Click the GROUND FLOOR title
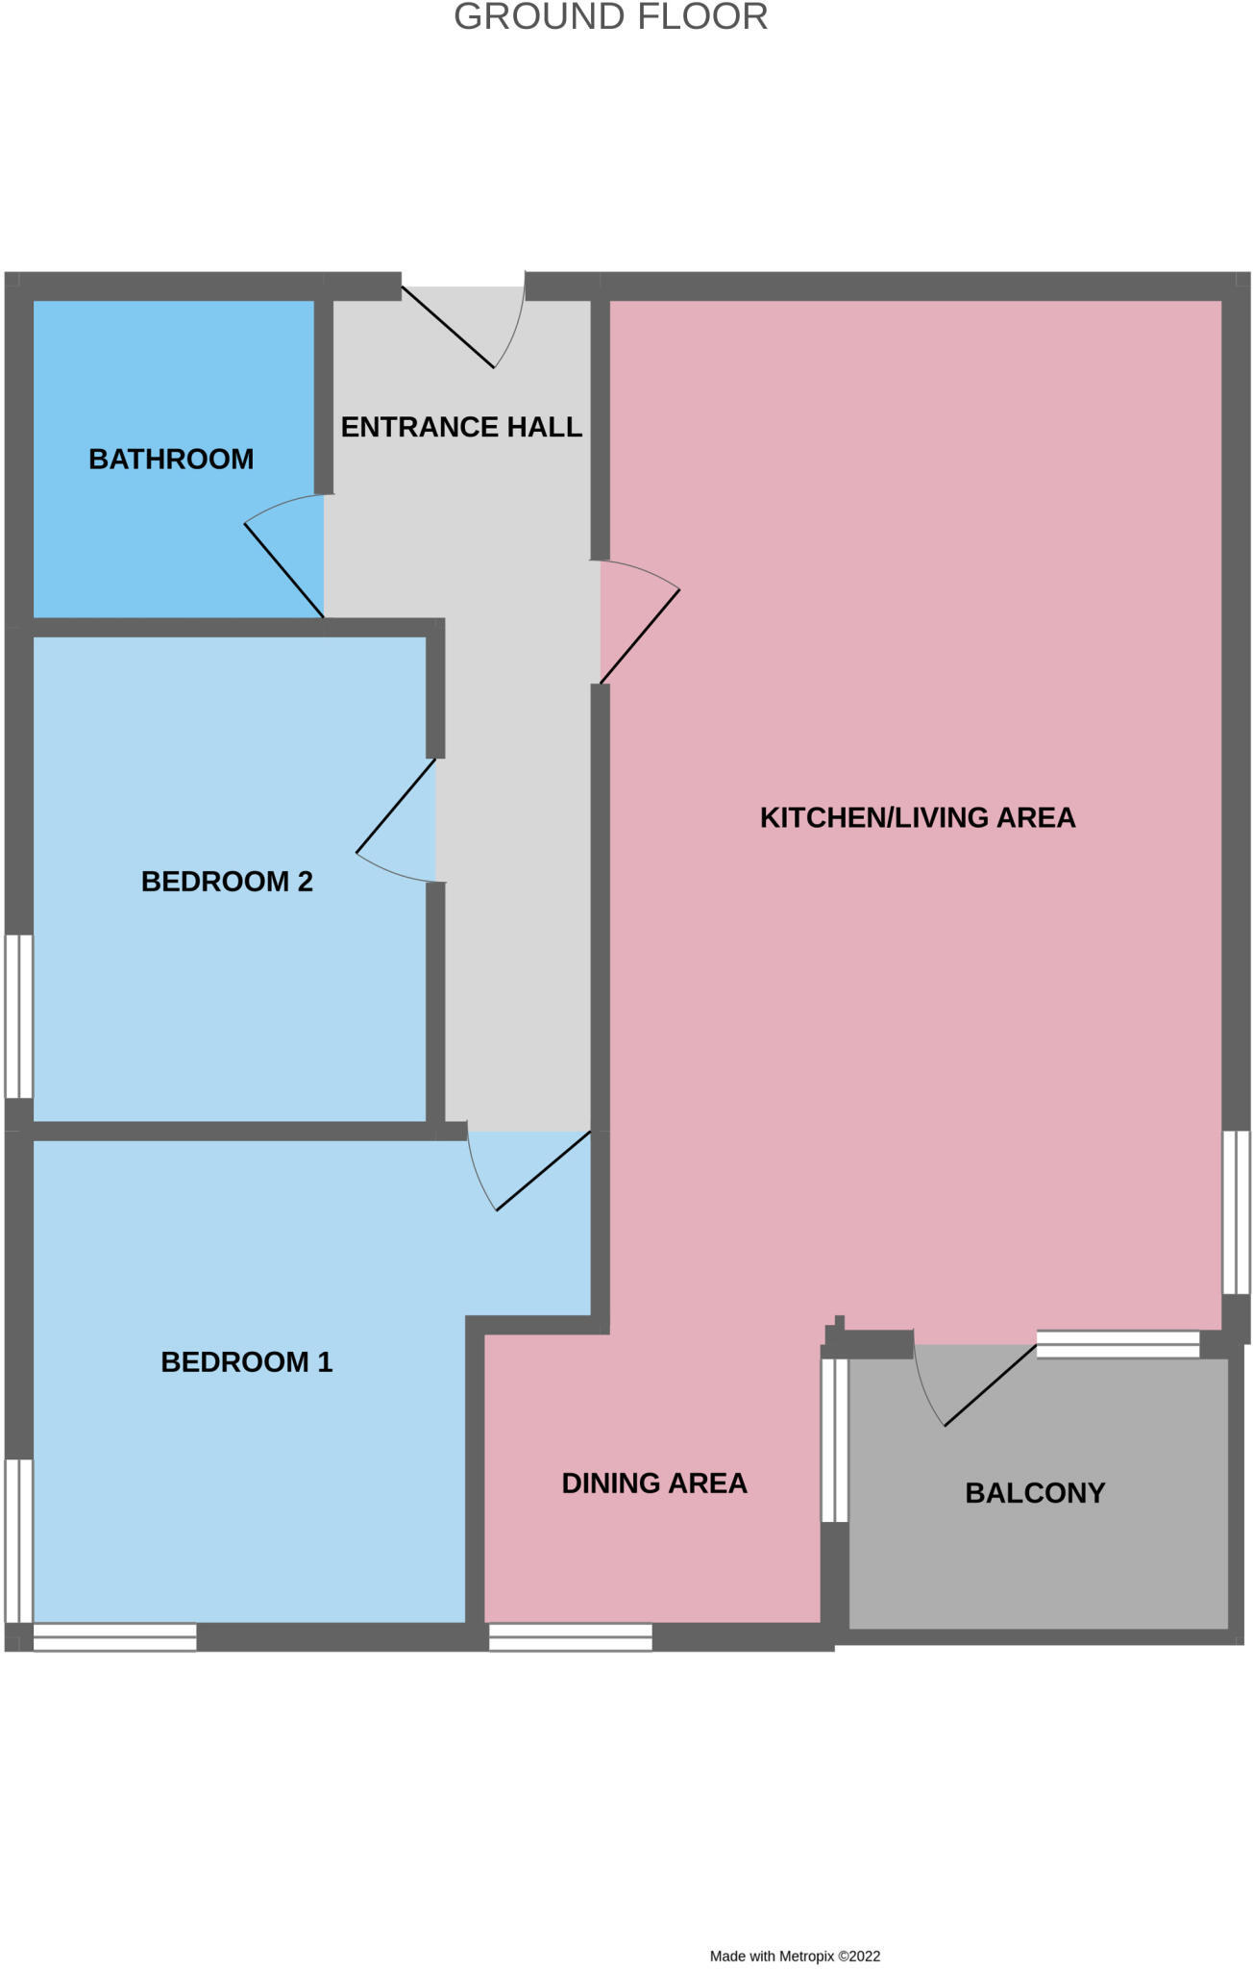click(x=610, y=17)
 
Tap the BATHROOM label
click(x=171, y=460)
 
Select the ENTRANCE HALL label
click(x=461, y=427)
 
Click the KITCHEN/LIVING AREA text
click(x=917, y=817)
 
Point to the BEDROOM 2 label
click(x=227, y=882)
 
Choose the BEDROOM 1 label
click(x=246, y=1362)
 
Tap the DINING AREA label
click(x=653, y=1483)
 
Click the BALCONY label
click(x=1035, y=1493)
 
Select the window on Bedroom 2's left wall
click(x=19, y=1016)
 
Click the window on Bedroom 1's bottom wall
click(x=114, y=1637)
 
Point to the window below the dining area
click(x=570, y=1637)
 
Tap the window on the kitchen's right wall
click(x=1236, y=1211)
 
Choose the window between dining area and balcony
click(x=834, y=1440)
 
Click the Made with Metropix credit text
click(x=795, y=1956)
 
